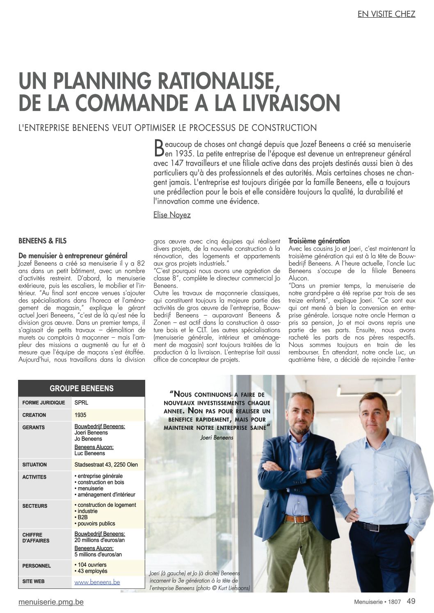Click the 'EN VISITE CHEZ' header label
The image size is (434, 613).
[386, 14]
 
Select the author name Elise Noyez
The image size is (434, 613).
[172, 215]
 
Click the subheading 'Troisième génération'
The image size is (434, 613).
[319, 241]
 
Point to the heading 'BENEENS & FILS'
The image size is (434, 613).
[42, 241]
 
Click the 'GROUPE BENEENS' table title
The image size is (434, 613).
[81, 388]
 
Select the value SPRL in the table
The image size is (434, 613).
[81, 403]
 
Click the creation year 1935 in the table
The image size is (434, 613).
[80, 415]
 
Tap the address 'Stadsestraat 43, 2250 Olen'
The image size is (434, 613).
[106, 465]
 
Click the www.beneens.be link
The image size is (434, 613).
[97, 582]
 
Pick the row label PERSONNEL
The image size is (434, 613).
[37, 566]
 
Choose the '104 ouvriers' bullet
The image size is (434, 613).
[91, 565]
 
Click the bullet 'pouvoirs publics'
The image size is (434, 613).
[96, 524]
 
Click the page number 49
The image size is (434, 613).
[411, 601]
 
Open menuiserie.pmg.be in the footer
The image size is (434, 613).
[51, 602]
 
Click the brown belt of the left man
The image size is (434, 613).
[298, 519]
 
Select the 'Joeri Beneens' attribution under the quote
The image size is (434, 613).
[217, 438]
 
